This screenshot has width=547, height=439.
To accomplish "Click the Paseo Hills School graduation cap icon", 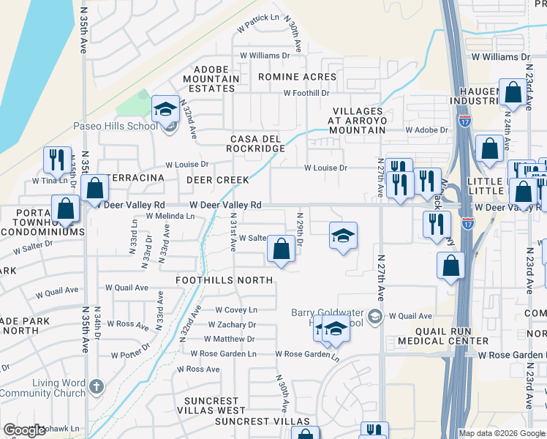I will (166, 110).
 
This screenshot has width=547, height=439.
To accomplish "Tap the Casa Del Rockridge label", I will (257, 143).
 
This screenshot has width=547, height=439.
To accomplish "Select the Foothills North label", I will (225, 280).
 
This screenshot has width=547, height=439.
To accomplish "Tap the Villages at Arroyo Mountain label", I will (356, 120).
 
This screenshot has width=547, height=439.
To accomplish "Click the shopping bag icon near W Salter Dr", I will (281, 249).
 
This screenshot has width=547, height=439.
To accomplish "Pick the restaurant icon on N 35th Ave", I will (56, 160).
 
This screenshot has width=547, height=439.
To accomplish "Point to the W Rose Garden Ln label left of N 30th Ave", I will (224, 353).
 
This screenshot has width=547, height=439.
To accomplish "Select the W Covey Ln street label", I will (233, 310).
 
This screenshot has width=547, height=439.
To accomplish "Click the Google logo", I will (24, 431).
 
